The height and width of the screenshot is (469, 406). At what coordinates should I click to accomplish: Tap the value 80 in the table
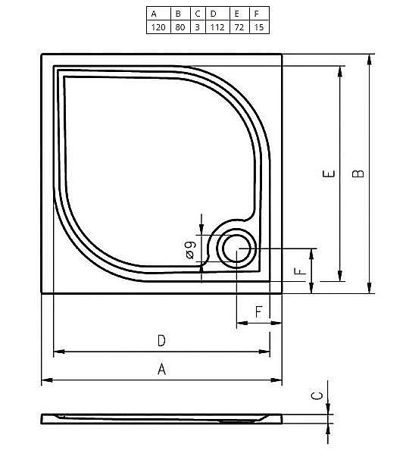178,27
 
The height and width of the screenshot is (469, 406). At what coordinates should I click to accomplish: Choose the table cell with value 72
239,27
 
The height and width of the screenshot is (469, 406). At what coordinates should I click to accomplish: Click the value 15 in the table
258,27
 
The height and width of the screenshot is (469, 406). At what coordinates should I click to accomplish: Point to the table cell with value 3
197,27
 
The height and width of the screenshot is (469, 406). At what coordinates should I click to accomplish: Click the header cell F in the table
258,13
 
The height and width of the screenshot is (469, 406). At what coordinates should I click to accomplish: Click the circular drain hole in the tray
237,248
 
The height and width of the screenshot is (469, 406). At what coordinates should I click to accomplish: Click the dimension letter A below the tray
161,369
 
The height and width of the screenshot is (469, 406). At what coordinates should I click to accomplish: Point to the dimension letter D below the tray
161,341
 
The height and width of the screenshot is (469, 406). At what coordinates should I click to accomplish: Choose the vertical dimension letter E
328,174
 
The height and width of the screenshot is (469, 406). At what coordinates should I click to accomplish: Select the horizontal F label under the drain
258,311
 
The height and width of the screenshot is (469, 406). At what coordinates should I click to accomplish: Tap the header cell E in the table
239,13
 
